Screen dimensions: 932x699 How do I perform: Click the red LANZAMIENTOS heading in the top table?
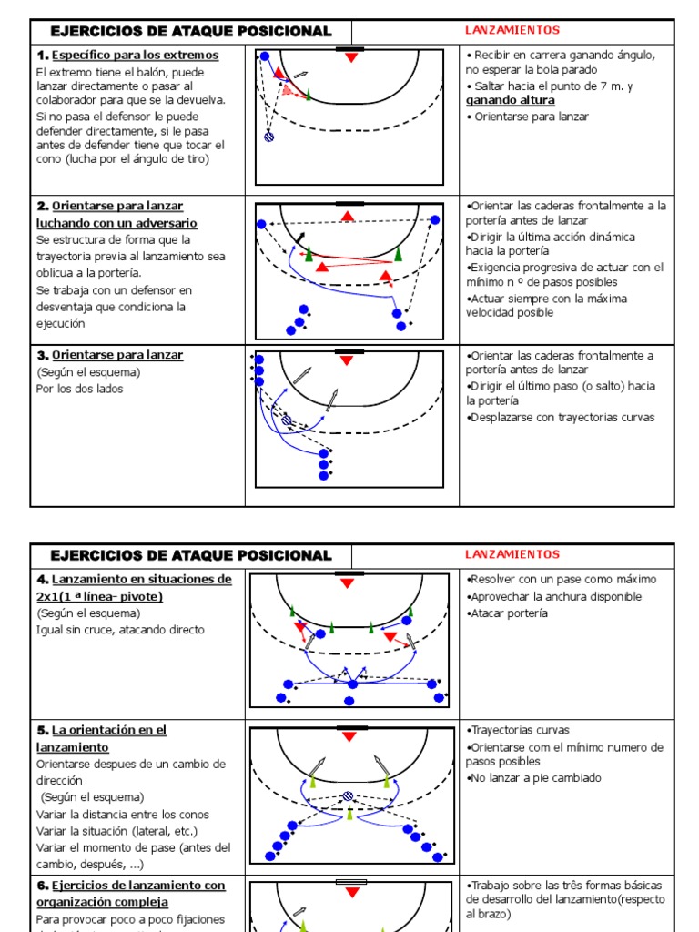click(512, 31)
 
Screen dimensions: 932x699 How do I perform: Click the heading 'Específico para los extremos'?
click(135, 56)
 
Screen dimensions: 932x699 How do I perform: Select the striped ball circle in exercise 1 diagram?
click(268, 137)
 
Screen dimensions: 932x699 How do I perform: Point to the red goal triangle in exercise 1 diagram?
click(352, 58)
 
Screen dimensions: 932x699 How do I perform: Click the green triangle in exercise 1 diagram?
click(309, 94)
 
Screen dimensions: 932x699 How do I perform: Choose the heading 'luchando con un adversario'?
click(116, 223)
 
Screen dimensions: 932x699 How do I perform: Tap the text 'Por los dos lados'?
click(80, 389)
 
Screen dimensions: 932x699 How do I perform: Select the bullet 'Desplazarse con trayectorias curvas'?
click(562, 418)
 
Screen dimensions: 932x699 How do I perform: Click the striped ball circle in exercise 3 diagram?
click(287, 420)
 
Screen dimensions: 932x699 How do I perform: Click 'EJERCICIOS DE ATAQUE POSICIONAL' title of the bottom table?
click(191, 555)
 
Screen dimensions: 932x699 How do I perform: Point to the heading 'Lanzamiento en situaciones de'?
click(141, 580)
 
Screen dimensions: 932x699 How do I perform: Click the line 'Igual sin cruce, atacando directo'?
click(121, 630)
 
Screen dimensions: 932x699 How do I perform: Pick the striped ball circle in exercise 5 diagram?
click(349, 796)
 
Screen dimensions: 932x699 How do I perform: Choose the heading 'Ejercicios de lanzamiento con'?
click(137, 886)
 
